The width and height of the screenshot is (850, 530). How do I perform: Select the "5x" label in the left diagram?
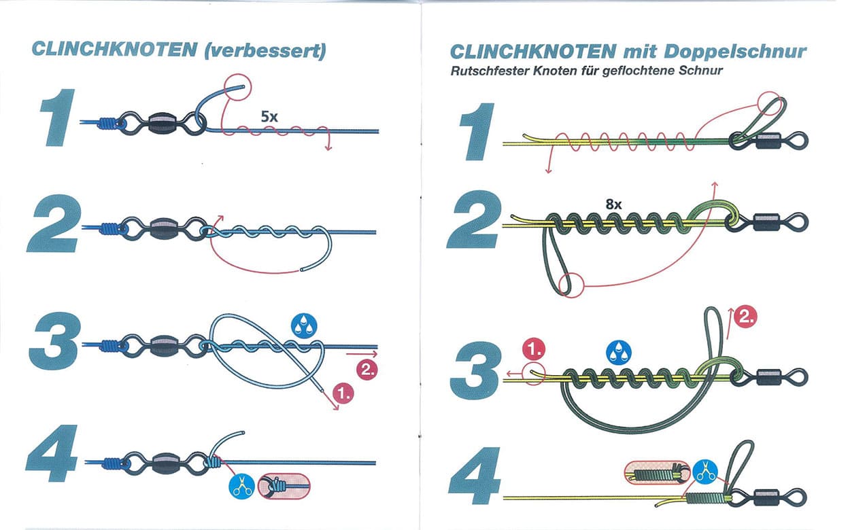[x=269, y=116]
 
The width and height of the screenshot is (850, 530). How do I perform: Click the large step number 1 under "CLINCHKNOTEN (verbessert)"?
[x=59, y=120]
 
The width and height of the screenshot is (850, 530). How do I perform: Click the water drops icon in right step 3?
[x=619, y=352]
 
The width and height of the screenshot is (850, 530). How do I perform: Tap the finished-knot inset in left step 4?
[x=285, y=486]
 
